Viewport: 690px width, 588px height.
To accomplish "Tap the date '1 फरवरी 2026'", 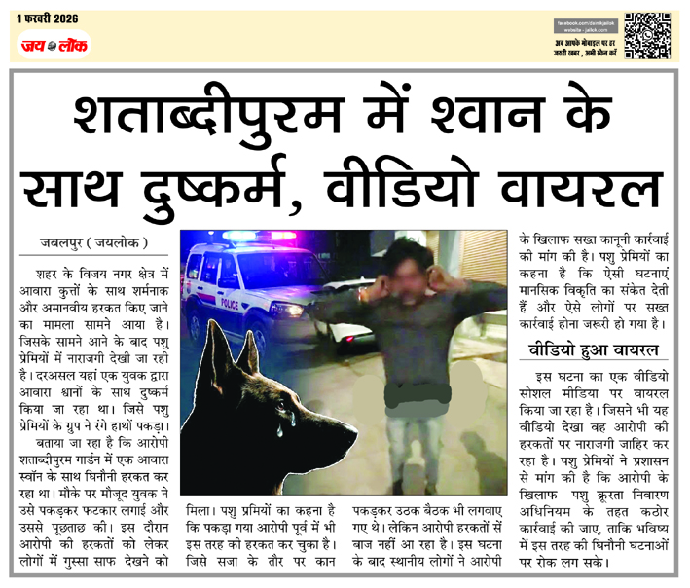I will (x=47, y=18).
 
